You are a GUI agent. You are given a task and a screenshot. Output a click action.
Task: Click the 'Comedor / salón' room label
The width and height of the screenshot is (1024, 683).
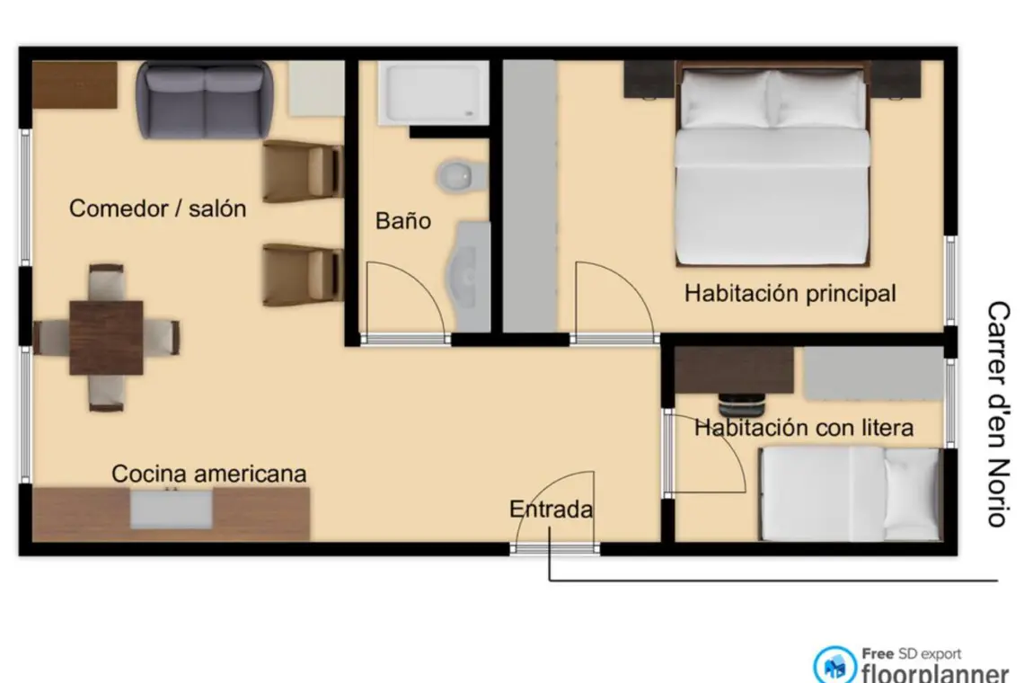tap(157, 208)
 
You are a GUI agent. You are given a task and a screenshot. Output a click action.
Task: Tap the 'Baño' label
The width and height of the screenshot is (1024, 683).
tap(403, 220)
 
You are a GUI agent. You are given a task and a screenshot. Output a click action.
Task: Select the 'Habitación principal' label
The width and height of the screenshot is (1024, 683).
tap(790, 294)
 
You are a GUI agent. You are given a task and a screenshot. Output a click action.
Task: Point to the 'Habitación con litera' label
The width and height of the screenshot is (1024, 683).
tap(804, 428)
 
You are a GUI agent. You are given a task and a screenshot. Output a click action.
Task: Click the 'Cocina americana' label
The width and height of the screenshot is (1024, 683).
tap(209, 474)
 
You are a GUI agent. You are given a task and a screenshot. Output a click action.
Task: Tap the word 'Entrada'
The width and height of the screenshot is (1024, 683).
tap(552, 509)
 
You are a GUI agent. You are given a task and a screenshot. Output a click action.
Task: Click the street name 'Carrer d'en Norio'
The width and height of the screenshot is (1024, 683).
tap(999, 413)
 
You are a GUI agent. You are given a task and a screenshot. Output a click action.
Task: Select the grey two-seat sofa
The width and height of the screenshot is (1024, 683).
tap(205, 100)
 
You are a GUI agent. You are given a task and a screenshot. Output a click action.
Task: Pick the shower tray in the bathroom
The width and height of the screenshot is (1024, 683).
tap(433, 93)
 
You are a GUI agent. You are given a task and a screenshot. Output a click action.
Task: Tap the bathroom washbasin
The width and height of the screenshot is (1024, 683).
tap(468, 277)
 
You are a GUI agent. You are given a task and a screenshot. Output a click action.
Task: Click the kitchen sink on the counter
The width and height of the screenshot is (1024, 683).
tap(171, 510)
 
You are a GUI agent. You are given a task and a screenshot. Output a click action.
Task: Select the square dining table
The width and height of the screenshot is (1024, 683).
tap(107, 337)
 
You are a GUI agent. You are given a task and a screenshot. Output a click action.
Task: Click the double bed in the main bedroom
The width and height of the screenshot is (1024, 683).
tap(772, 164)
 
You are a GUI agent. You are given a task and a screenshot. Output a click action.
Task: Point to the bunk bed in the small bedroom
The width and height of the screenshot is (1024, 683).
tap(850, 494)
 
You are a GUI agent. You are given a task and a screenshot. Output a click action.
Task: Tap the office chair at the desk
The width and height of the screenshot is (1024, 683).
tap(741, 405)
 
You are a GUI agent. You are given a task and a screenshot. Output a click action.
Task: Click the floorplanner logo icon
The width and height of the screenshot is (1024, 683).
tap(834, 665)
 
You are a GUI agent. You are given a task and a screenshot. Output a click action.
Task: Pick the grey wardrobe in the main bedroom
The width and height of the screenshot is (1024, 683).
tap(530, 196)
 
